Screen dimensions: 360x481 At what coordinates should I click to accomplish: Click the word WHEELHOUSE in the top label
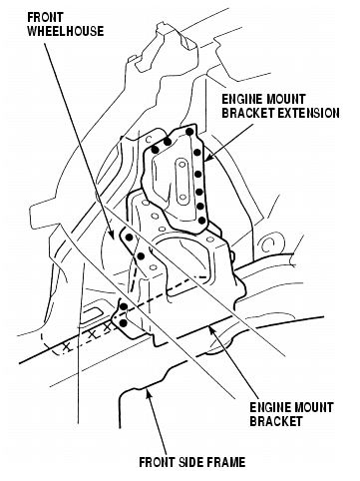pos(66,31)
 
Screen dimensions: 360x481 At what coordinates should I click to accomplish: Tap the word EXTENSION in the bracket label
pos(308,113)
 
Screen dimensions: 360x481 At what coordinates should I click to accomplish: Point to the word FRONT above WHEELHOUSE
pos(45,17)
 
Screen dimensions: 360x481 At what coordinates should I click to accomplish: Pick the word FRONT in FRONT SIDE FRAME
pos(156,462)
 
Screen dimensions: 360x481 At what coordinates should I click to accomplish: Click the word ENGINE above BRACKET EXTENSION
pos(242,99)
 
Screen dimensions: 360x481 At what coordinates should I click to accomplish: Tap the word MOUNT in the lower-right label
pos(312,407)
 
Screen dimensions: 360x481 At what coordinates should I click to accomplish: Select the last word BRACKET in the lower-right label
pos(276,421)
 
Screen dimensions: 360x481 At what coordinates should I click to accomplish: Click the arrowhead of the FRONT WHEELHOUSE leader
pos(113,236)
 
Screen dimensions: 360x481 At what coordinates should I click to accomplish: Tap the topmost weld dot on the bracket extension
pos(189,132)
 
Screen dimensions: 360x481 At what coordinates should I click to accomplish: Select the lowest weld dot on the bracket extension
pos(201,220)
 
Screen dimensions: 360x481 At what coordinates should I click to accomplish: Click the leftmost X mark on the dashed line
pos(67,347)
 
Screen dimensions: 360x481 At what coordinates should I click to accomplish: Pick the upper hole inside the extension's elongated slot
pos(181,164)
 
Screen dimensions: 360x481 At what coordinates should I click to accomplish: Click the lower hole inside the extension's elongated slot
pos(182,198)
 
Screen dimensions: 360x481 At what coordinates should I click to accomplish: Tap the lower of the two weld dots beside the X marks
pos(124,322)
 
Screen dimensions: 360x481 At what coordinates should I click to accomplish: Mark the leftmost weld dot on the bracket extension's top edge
pos(155,150)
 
